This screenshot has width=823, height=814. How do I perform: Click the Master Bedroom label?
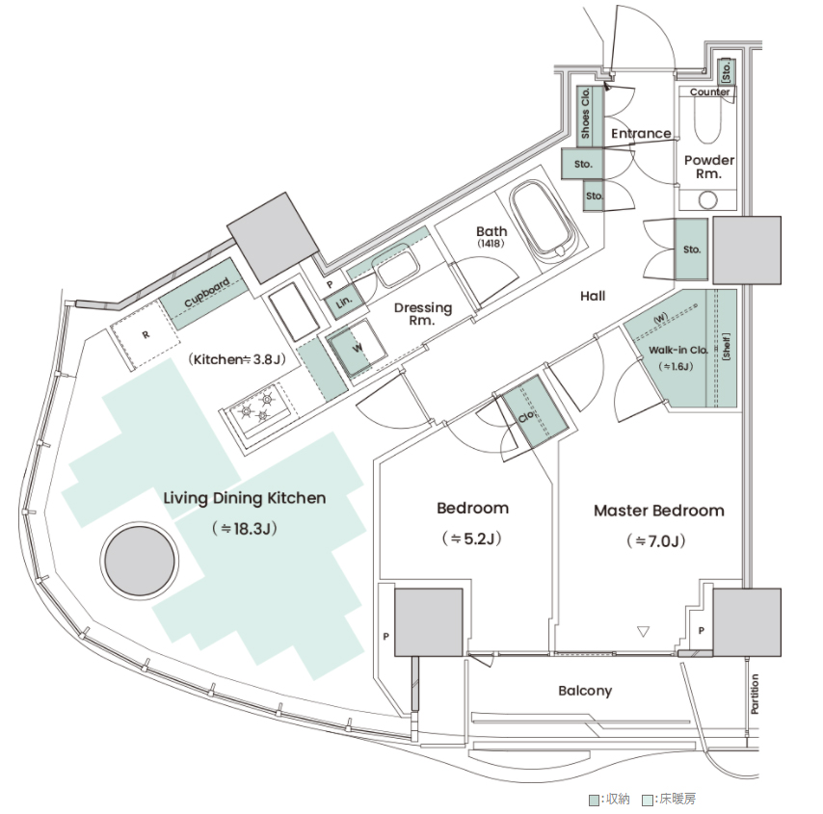click(x=659, y=511)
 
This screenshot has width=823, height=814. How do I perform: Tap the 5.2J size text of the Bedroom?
click(x=472, y=538)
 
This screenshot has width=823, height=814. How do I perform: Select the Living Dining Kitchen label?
click(x=245, y=498)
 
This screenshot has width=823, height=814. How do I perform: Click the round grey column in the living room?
click(x=139, y=561)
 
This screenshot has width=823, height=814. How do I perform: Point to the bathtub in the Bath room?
click(x=544, y=220)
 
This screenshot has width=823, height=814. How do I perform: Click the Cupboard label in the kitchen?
click(x=207, y=292)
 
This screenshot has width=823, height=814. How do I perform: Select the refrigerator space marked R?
click(x=145, y=335)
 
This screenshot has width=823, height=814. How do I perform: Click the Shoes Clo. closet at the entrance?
click(x=590, y=117)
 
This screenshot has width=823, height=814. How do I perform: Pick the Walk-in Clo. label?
click(x=678, y=350)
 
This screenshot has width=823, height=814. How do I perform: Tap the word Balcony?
click(x=585, y=691)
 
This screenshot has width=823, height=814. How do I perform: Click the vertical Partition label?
click(x=755, y=694)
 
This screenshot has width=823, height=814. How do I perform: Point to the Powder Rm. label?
click(x=709, y=167)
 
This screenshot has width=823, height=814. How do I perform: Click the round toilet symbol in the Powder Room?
click(x=708, y=200)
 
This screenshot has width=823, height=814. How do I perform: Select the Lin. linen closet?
click(x=344, y=302)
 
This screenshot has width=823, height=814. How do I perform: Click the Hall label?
click(x=593, y=296)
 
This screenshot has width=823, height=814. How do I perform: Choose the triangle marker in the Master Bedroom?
click(x=643, y=631)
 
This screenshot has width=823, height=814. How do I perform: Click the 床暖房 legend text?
click(x=677, y=799)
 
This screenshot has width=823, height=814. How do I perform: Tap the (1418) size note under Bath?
click(x=491, y=244)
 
